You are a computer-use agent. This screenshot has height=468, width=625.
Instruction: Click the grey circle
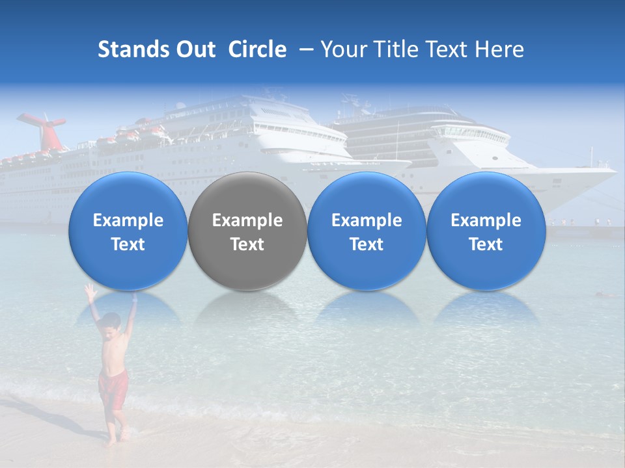[x=247, y=231]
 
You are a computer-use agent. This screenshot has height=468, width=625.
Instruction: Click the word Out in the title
[x=193, y=49]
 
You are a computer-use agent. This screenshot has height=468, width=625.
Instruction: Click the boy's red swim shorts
[x=112, y=388]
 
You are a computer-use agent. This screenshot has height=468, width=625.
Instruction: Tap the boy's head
[x=112, y=322]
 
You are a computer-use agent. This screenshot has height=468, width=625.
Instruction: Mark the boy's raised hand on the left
[x=89, y=291]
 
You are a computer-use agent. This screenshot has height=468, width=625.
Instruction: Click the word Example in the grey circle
[x=247, y=220]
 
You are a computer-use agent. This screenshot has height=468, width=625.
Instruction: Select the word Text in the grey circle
[x=247, y=244]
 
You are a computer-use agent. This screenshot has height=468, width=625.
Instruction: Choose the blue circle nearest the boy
[x=128, y=231]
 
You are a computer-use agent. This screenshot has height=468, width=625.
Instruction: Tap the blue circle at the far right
[x=486, y=231]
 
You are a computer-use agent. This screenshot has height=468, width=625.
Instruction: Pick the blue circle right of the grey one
[x=367, y=231]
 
